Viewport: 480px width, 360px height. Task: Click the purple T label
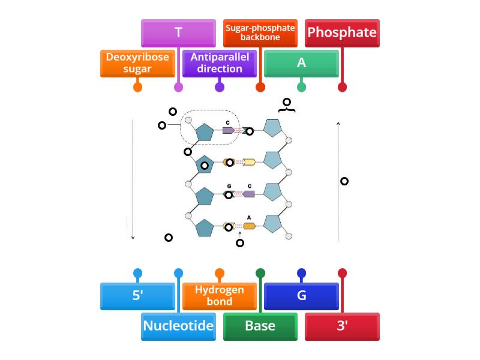click(178, 33)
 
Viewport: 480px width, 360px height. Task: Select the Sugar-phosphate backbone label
click(260, 33)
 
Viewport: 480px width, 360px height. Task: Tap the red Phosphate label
click(342, 33)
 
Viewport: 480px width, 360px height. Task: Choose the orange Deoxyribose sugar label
click(137, 63)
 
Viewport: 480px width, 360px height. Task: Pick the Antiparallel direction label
click(220, 63)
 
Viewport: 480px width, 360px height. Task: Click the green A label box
click(301, 63)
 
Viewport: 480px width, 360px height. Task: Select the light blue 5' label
click(137, 296)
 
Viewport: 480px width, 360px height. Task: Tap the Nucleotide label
click(178, 326)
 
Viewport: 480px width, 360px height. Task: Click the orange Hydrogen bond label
click(220, 296)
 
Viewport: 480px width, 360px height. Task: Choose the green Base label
click(260, 326)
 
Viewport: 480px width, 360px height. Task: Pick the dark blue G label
click(301, 296)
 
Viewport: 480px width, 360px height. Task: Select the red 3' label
click(342, 326)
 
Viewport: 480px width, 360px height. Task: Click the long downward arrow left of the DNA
click(133, 180)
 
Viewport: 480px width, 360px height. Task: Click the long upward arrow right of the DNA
click(338, 180)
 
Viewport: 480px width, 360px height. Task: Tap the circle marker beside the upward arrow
click(344, 181)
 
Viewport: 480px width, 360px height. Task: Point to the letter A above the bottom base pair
click(249, 218)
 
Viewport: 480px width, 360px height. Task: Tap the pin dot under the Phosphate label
click(342, 87)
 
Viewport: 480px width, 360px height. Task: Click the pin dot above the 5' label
click(137, 274)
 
